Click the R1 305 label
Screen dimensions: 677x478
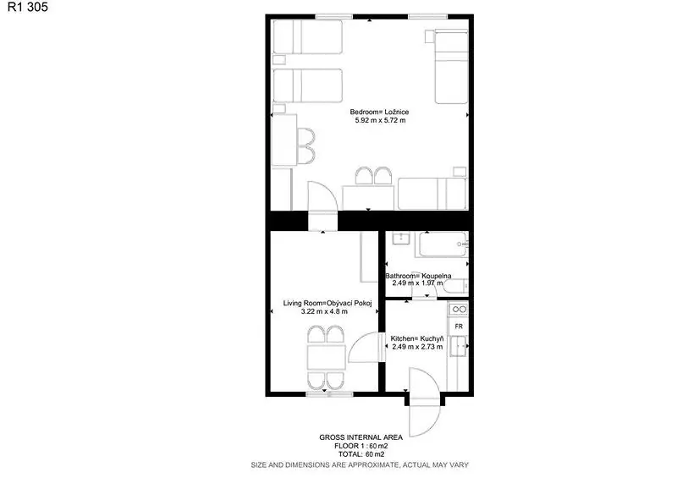(x=28, y=7)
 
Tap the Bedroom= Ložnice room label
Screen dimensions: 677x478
(x=379, y=112)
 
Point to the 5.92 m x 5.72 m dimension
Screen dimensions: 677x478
(x=380, y=120)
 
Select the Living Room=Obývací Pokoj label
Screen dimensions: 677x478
(x=327, y=303)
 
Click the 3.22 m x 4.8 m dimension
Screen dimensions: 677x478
(x=324, y=311)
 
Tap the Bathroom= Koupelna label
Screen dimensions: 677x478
(x=418, y=276)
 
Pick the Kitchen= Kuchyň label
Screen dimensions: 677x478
(x=416, y=338)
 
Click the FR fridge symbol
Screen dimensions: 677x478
(x=458, y=327)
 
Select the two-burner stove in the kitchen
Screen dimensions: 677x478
(x=458, y=309)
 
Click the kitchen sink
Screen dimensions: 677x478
(x=458, y=346)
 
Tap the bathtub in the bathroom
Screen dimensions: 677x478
(x=442, y=244)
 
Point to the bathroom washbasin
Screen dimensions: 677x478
(x=400, y=238)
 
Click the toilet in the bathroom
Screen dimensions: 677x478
(x=455, y=286)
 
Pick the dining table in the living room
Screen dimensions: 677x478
(x=326, y=358)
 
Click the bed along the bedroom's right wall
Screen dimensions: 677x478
(x=451, y=67)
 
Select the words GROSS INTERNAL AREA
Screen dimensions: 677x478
(x=361, y=437)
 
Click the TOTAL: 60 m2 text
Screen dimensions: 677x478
(x=361, y=454)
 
